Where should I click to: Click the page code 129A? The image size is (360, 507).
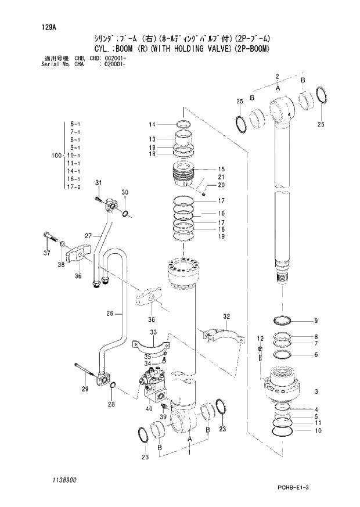pyautogui.click(x=49, y=26)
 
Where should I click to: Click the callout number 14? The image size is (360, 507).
pyautogui.click(x=152, y=124)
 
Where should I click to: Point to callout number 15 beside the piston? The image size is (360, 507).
pyautogui.click(x=221, y=169)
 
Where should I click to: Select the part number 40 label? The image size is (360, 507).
pyautogui.click(x=149, y=409)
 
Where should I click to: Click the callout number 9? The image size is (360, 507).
pyautogui.click(x=316, y=321)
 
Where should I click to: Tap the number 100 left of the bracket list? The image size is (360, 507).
pyautogui.click(x=56, y=156)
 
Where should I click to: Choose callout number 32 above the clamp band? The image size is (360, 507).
pyautogui.click(x=226, y=317)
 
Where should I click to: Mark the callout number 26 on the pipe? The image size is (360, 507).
pyautogui.click(x=109, y=314)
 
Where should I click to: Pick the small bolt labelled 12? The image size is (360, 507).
pyautogui.click(x=261, y=352)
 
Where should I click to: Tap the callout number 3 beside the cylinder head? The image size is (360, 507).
pyautogui.click(x=316, y=391)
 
